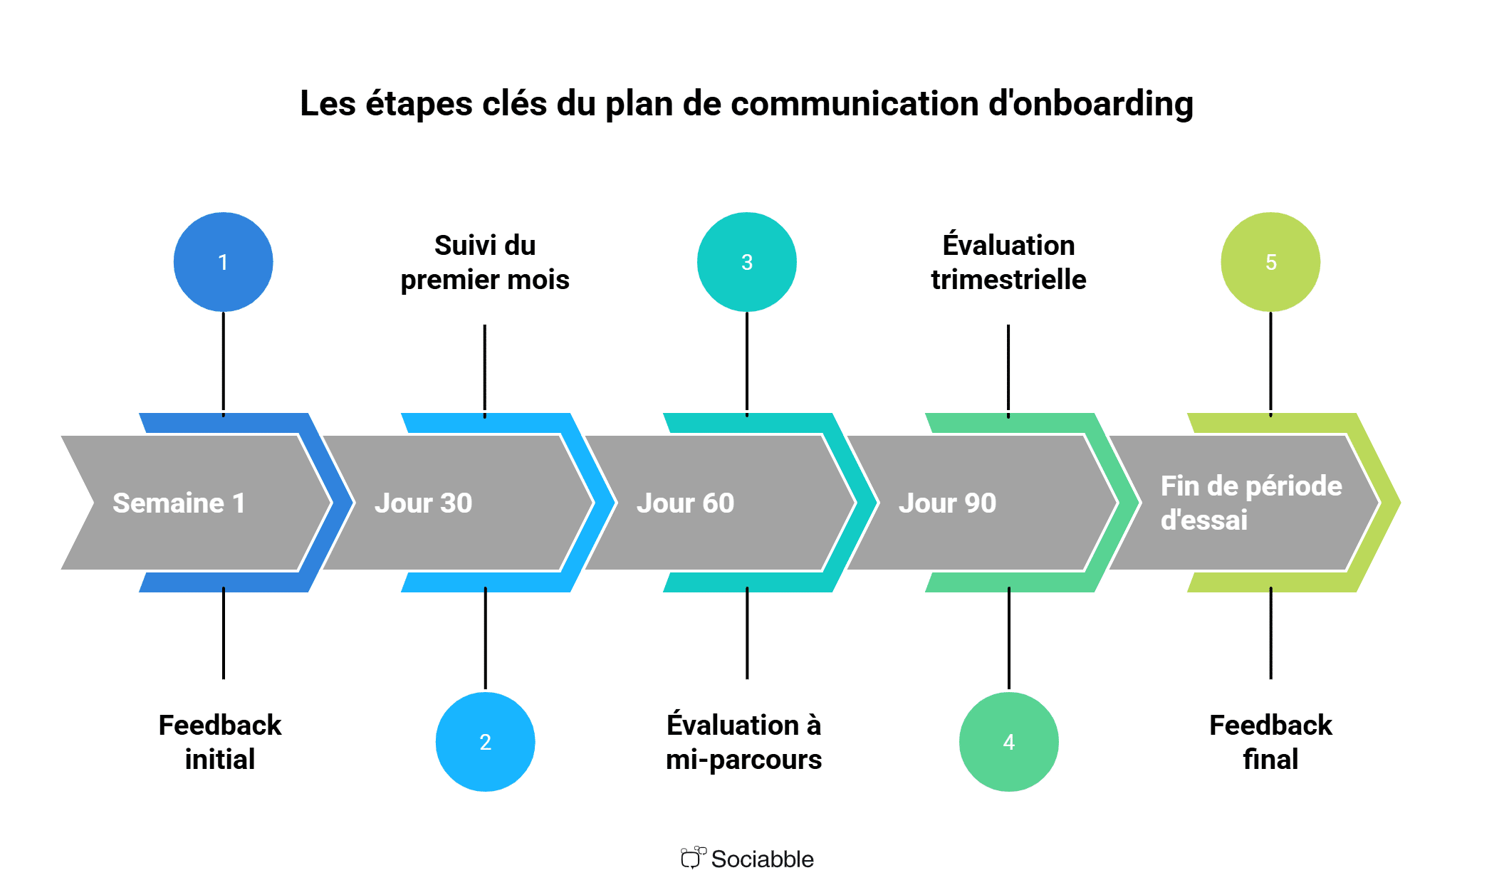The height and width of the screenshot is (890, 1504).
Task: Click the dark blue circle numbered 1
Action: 223,262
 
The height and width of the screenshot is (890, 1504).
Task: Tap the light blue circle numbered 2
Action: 485,742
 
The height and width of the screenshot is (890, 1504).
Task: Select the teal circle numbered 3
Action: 747,262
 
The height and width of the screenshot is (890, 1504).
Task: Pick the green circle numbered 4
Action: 1009,742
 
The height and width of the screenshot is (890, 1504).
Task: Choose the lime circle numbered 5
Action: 1270,262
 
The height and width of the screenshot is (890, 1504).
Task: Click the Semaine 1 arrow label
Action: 179,503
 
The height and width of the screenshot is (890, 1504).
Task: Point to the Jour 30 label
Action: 424,503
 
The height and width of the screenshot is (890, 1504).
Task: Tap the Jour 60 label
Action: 686,503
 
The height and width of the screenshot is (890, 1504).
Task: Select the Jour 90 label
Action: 948,503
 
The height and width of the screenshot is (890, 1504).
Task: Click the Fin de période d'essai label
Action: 1251,503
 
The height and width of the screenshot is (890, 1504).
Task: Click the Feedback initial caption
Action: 220,742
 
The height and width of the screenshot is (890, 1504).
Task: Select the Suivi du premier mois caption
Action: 485,262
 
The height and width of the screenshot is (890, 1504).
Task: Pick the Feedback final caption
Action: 1270,742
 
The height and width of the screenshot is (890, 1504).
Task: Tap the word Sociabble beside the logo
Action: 763,859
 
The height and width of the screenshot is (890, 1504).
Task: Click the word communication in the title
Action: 855,104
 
